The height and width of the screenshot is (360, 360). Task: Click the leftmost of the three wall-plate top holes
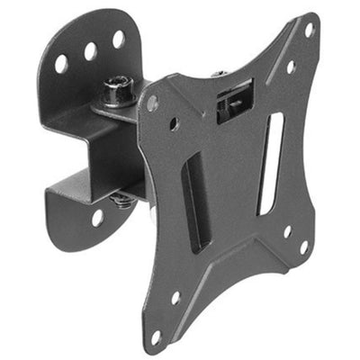point(61,64)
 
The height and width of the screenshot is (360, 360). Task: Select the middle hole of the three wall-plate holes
point(90,51)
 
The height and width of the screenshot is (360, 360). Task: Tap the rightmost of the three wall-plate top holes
point(118,40)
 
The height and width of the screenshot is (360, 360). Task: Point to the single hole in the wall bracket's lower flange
point(97,217)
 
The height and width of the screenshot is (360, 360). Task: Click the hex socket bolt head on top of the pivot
point(116,87)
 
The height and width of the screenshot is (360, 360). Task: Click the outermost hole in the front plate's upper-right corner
point(309,30)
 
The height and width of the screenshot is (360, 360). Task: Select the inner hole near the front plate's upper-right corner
point(291,67)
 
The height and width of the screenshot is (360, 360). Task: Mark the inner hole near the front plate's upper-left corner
point(174,124)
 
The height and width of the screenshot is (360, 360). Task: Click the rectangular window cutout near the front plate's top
point(235,100)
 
